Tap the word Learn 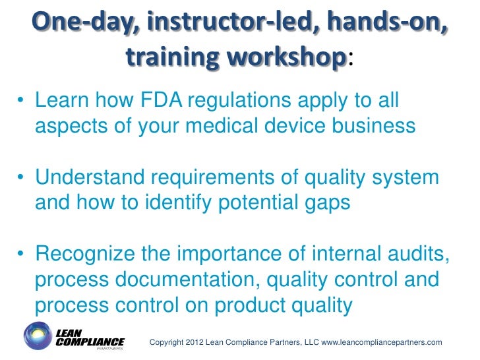pyautogui.click(x=63, y=102)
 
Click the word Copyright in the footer pyautogui.click(x=168, y=342)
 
